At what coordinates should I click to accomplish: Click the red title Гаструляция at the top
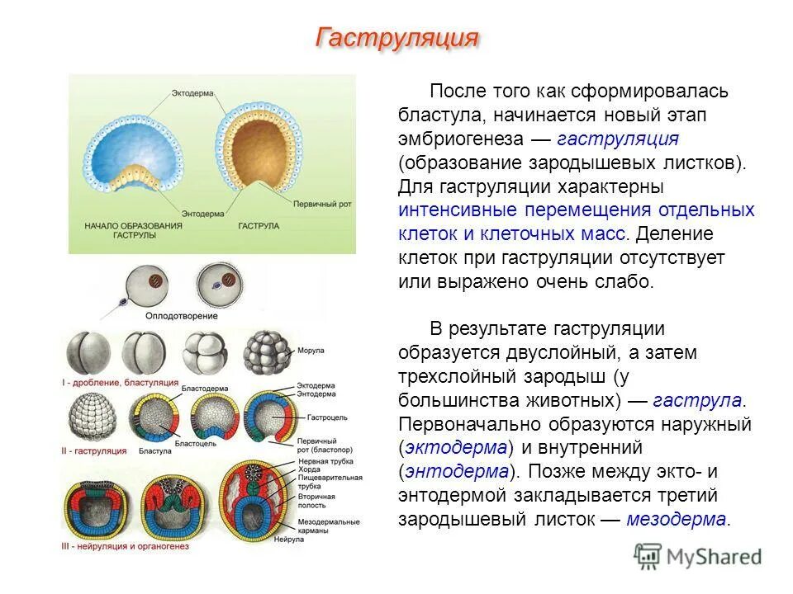(397, 38)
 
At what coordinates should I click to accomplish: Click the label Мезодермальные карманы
(328, 526)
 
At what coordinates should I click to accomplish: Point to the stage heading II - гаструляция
(96, 451)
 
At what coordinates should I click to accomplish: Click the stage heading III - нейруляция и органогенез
(126, 546)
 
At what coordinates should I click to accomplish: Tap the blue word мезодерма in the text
(677, 520)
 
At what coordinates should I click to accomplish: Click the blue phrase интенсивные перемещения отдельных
(576, 210)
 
